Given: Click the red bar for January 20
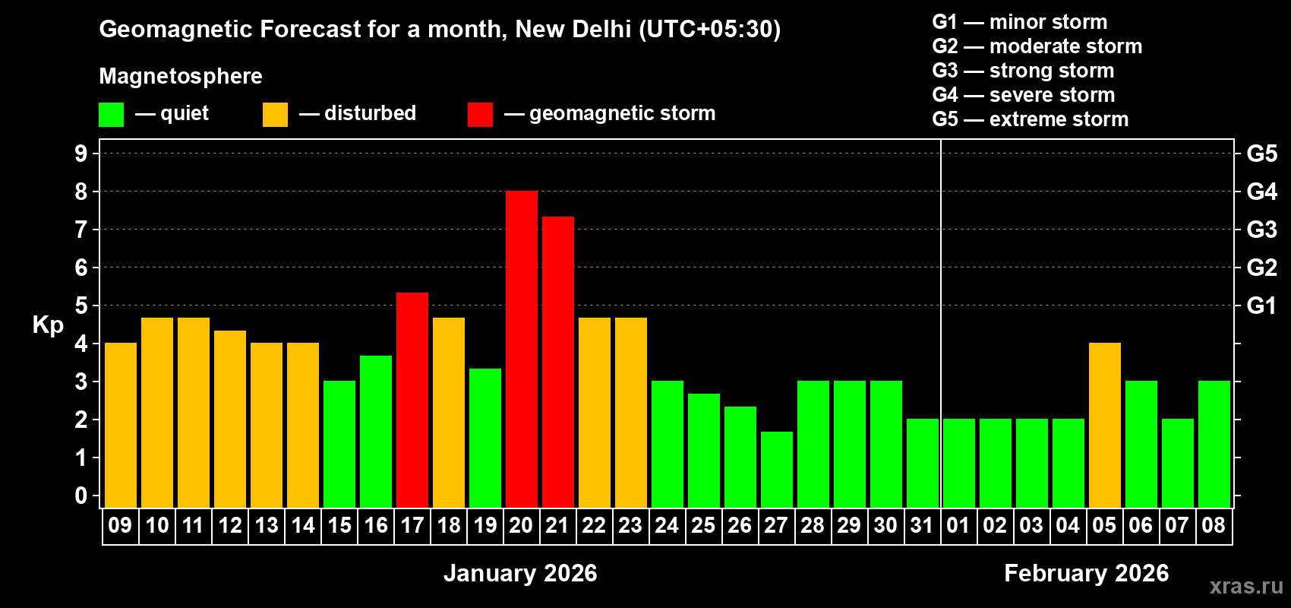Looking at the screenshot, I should [522, 350].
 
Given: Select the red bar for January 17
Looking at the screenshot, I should [412, 400].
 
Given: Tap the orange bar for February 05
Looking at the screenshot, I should [1105, 426].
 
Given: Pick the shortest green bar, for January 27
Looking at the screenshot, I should [777, 470].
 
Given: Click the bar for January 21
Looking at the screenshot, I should [558, 362].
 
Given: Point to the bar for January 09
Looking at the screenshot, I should [121, 426].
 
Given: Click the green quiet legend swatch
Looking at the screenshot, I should [111, 115].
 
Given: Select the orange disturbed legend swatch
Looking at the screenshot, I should [275, 115].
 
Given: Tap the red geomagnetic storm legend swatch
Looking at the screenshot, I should [480, 115].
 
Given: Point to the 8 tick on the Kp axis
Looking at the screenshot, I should [81, 192].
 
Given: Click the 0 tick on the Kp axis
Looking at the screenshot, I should [81, 496].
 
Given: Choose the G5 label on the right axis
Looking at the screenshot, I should [1261, 154].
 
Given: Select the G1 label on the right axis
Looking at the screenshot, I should [1261, 306].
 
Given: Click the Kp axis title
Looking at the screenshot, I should [48, 325].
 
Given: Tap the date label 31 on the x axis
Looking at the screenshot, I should [922, 526].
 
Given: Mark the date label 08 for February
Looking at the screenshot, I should [1214, 526].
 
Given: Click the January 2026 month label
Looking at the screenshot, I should [520, 573].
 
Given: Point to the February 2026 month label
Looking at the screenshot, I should [1086, 573].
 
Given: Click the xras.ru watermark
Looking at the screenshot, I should [1246, 586].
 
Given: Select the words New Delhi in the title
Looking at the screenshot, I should [573, 29].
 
